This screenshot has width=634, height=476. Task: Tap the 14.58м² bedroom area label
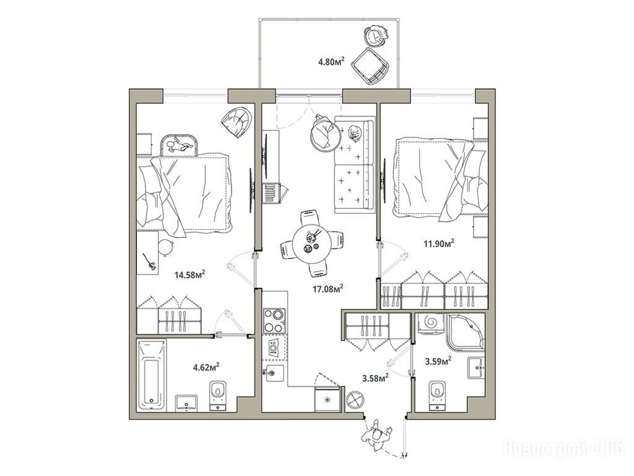pyautogui.click(x=189, y=275)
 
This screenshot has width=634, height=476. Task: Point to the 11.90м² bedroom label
pyautogui.click(x=439, y=243)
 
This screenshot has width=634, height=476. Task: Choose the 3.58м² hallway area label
pyautogui.click(x=375, y=379)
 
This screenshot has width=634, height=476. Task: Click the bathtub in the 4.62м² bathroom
pyautogui.click(x=152, y=374)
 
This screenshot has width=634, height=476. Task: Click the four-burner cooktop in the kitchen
pyautogui.click(x=274, y=320)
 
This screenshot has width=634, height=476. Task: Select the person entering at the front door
pyautogui.click(x=377, y=436)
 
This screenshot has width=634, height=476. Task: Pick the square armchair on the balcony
pyautogui.click(x=370, y=66)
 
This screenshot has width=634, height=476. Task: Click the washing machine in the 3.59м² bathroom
pyautogui.click(x=430, y=323)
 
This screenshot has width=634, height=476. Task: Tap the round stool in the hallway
pyautogui.click(x=355, y=400)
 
